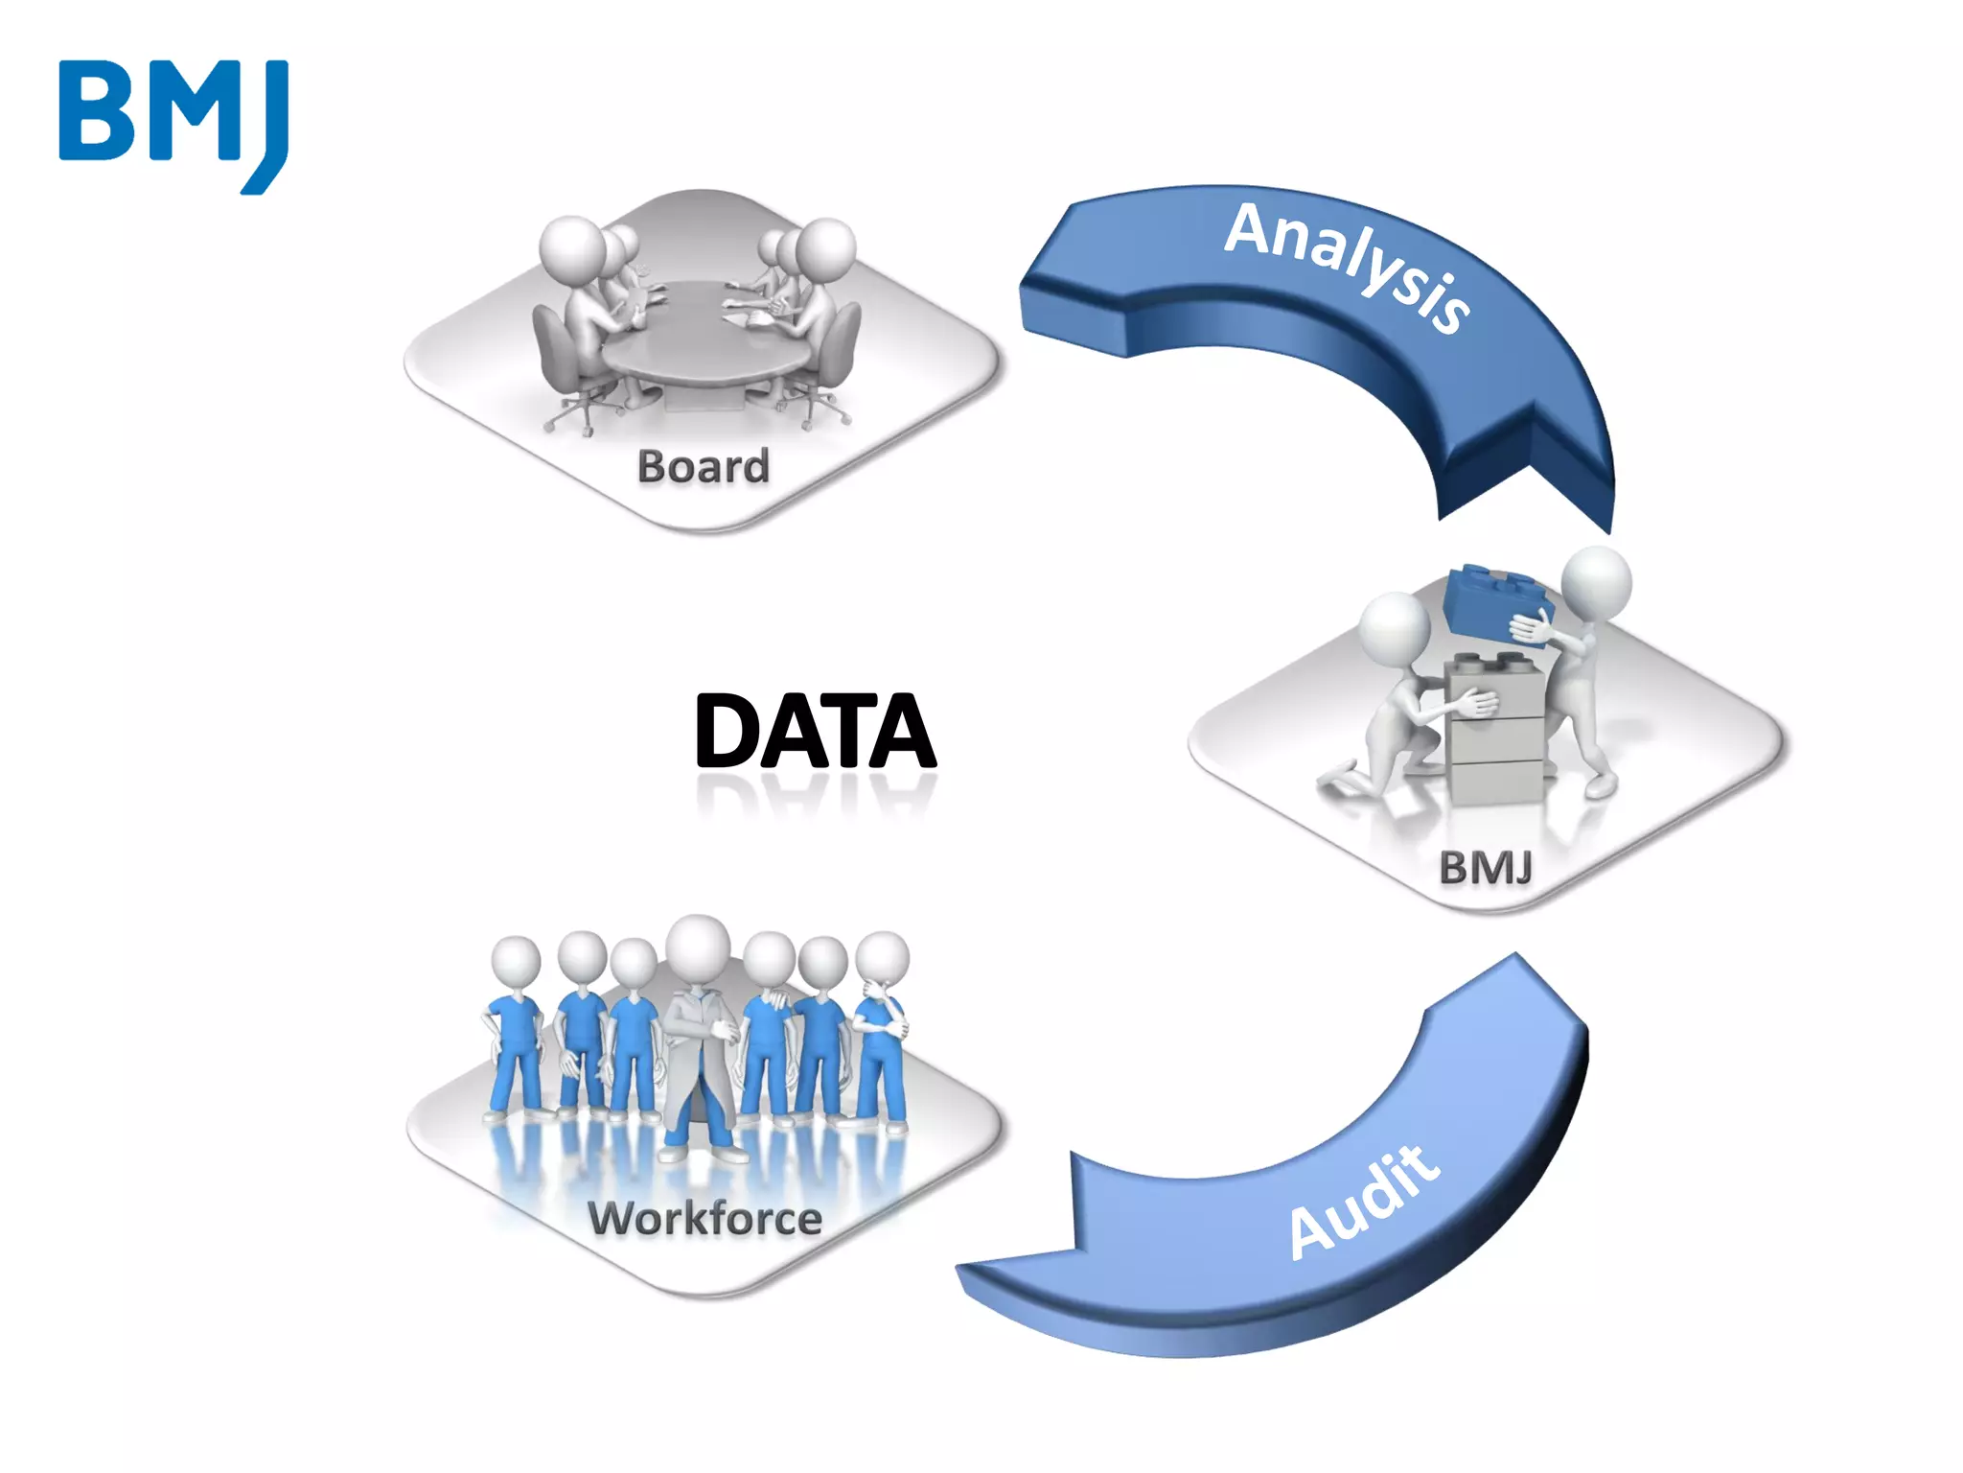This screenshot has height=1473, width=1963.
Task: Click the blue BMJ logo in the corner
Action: point(173,125)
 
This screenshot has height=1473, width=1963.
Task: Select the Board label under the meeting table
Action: point(704,467)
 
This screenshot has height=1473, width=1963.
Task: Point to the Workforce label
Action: point(704,1219)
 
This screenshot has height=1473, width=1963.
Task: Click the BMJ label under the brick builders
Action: point(1485,868)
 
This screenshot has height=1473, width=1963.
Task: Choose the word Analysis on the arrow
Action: point(1348,266)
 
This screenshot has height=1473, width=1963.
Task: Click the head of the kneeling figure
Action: point(1395,628)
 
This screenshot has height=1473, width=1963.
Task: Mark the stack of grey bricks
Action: point(1495,729)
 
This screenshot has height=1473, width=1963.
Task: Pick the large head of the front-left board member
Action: point(572,247)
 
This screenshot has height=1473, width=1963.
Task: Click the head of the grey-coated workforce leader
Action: point(699,947)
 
